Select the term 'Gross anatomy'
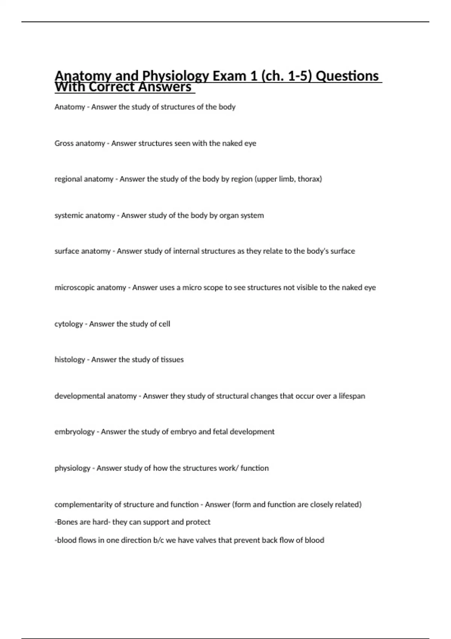click(80, 143)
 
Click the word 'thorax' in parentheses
click(310, 179)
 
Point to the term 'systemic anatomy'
click(85, 215)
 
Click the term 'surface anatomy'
click(82, 251)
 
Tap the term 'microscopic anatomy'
click(90, 288)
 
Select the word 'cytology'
click(68, 324)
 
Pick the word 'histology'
click(70, 360)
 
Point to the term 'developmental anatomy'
click(95, 396)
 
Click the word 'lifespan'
click(352, 396)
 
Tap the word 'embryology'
click(74, 432)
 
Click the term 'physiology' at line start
click(72, 468)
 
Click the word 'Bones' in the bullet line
click(66, 522)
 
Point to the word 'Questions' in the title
click(347, 76)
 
